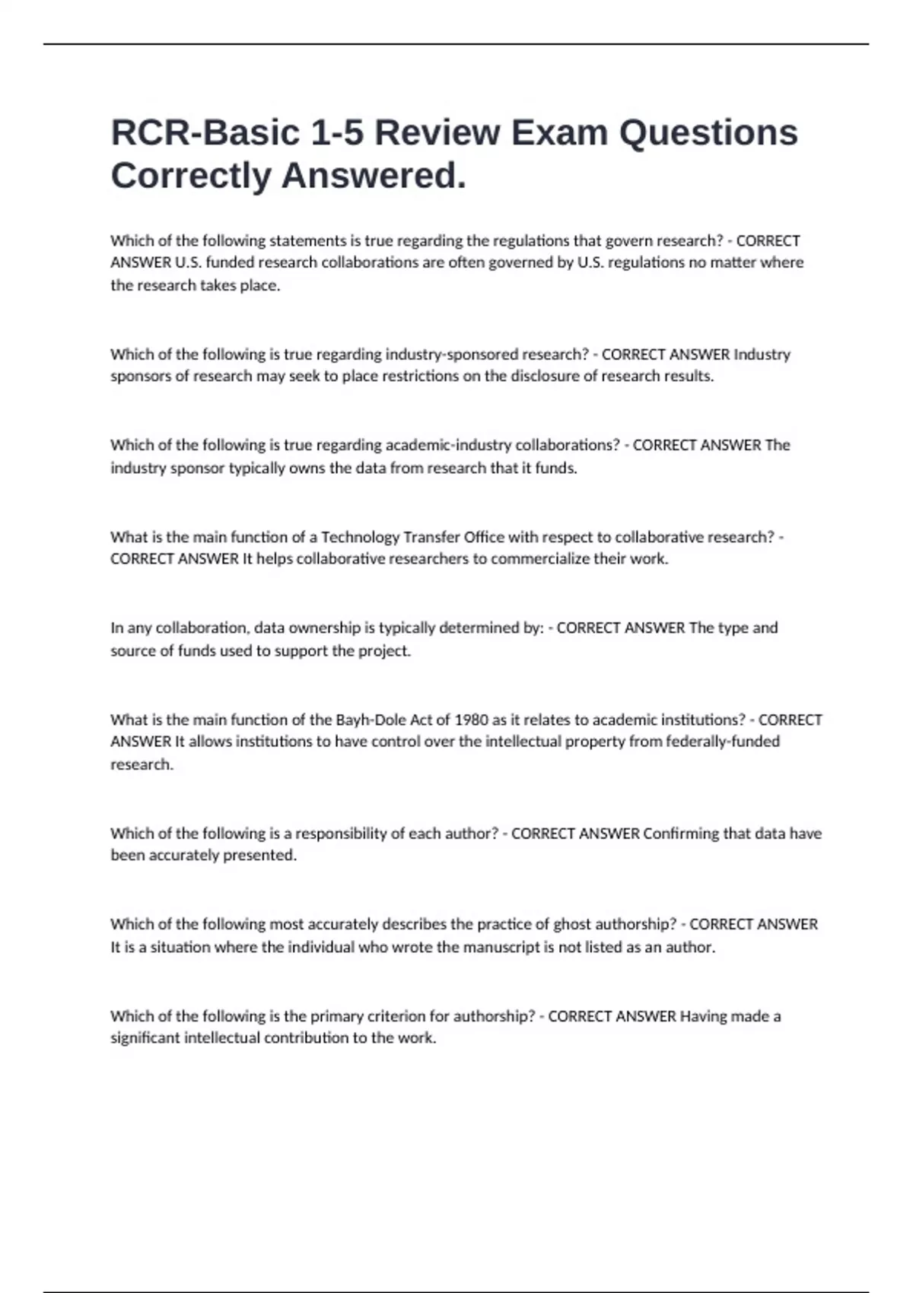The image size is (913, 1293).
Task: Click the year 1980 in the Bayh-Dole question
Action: tap(471, 720)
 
